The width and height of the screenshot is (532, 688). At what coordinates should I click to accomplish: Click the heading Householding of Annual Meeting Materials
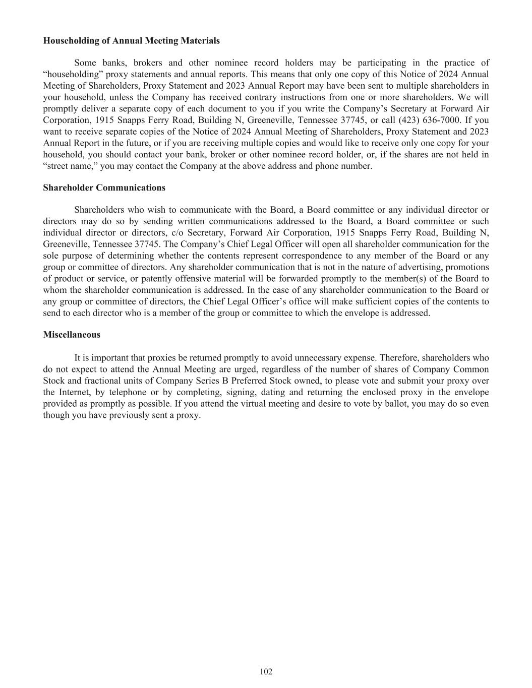(131, 41)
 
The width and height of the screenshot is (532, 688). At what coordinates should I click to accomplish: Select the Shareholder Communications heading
(104, 188)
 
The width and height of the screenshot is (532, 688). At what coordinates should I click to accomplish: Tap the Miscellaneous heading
(72, 335)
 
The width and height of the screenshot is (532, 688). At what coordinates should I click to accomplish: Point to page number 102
(266, 671)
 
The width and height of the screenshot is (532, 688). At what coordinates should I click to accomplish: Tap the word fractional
(84, 381)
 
